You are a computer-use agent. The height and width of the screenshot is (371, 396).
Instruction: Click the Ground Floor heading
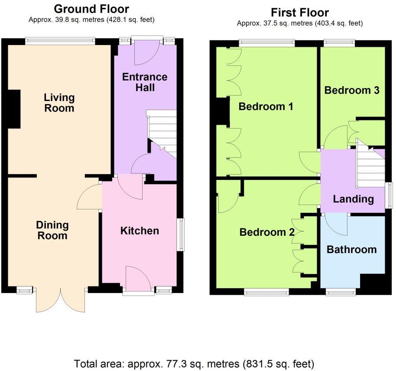click(x=91, y=9)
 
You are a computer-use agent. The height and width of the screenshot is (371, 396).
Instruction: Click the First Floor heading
click(x=300, y=13)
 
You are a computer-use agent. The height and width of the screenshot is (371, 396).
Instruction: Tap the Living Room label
click(x=59, y=103)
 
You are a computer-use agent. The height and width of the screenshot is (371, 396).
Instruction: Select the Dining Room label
click(x=52, y=230)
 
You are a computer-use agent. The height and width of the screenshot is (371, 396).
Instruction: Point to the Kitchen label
click(x=140, y=231)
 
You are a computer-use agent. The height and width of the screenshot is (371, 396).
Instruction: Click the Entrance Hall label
click(x=145, y=82)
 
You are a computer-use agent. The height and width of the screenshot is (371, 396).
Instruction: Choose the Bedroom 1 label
click(x=266, y=106)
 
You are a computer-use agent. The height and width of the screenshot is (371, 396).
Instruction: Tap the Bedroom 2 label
click(x=267, y=232)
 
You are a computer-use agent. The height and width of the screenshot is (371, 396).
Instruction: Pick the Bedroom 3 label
click(x=352, y=90)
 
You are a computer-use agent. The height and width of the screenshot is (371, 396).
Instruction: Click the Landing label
click(x=353, y=199)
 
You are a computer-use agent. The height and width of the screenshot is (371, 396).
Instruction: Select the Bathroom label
click(x=351, y=250)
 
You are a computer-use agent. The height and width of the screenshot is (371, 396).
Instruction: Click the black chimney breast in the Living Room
click(x=14, y=109)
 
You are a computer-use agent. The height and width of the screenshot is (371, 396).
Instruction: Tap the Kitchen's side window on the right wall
click(x=181, y=234)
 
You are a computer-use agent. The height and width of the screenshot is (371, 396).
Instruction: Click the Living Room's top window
click(x=60, y=41)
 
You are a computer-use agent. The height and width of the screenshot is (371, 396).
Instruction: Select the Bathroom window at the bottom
click(x=341, y=292)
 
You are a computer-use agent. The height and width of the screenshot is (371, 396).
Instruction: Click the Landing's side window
click(x=389, y=195)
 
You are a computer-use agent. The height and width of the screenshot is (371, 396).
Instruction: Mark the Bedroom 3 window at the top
click(x=339, y=43)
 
